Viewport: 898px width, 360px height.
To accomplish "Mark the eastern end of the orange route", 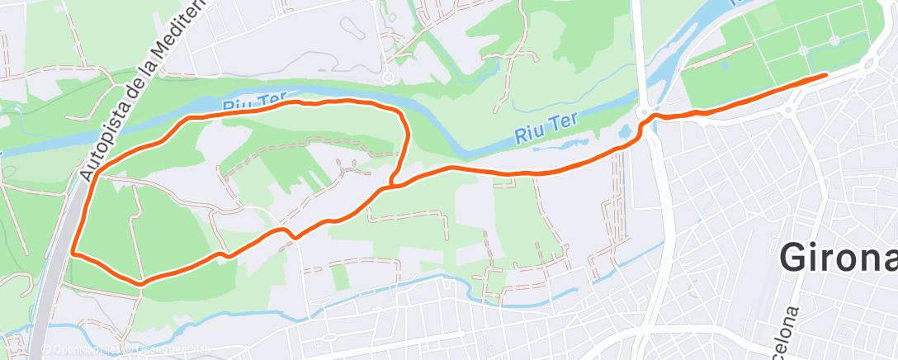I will coord(825,75).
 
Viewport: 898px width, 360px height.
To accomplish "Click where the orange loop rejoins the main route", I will coord(390,187).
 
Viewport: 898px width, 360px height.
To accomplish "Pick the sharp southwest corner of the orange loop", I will coord(73,252).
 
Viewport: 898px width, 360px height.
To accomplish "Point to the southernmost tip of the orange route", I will coord(141,284).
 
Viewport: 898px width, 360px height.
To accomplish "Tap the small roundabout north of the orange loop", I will coord(387,78).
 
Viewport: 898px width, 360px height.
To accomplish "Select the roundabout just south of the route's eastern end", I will coord(793,108).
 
